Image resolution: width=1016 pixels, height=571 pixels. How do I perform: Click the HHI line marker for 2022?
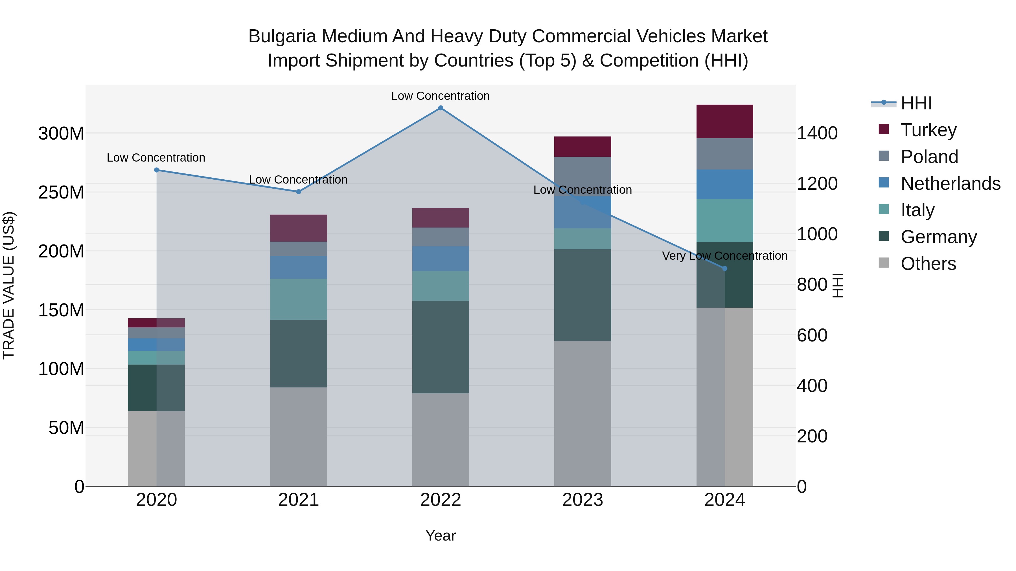pos(441,108)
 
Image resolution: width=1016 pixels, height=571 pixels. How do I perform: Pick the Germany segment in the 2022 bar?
pos(441,347)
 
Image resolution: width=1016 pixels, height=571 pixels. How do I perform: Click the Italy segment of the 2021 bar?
pos(299,299)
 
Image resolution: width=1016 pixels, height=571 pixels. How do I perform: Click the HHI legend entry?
pos(916,103)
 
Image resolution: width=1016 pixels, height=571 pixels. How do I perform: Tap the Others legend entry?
pos(928,264)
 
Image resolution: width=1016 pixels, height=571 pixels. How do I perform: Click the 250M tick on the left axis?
pos(61,192)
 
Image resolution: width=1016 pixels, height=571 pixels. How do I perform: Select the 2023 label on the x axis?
pos(583,500)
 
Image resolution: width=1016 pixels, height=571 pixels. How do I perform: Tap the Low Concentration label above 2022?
pos(440,96)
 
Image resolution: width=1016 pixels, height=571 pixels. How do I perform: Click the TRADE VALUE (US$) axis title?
pos(9,285)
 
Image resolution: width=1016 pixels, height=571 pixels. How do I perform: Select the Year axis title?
pos(441,535)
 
